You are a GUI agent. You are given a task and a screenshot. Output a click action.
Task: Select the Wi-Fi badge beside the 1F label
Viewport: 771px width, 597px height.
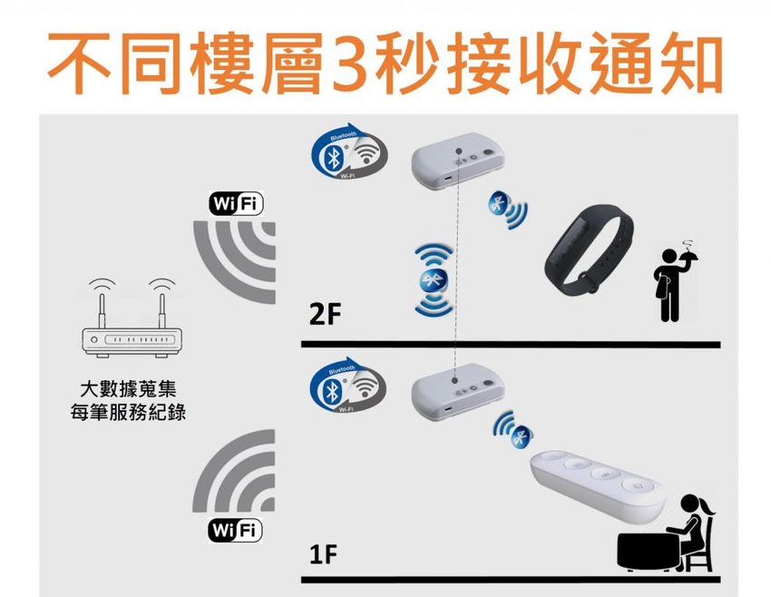[x=235, y=530]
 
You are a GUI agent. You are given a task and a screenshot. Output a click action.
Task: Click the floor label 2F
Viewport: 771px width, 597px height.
[x=324, y=315]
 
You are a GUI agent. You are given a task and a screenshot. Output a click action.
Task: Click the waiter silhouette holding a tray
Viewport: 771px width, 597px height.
[x=670, y=282]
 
